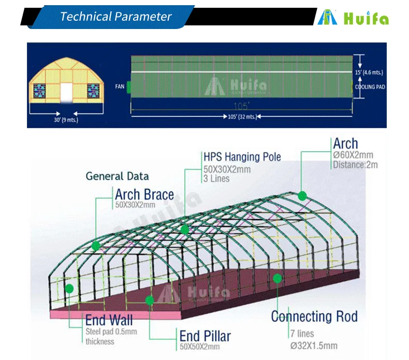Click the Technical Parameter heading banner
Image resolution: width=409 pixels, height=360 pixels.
tap(115, 16)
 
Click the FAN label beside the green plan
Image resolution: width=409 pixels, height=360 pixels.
tap(119, 87)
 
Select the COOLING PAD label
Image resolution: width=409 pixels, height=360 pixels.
tap(370, 87)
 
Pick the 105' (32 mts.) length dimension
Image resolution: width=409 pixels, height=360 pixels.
tap(242, 117)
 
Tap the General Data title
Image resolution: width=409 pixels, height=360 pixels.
tap(117, 176)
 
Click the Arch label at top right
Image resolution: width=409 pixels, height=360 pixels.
tap(345, 143)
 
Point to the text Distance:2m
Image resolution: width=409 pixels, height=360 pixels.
tap(355, 165)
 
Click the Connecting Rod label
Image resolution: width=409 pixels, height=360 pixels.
tap(314, 316)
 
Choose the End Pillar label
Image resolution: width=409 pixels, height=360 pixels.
tap(205, 335)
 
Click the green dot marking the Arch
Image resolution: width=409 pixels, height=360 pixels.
tap(302, 195)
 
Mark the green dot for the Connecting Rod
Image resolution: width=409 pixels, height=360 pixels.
tap(277, 278)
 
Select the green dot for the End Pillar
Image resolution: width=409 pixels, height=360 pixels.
tap(150, 300)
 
